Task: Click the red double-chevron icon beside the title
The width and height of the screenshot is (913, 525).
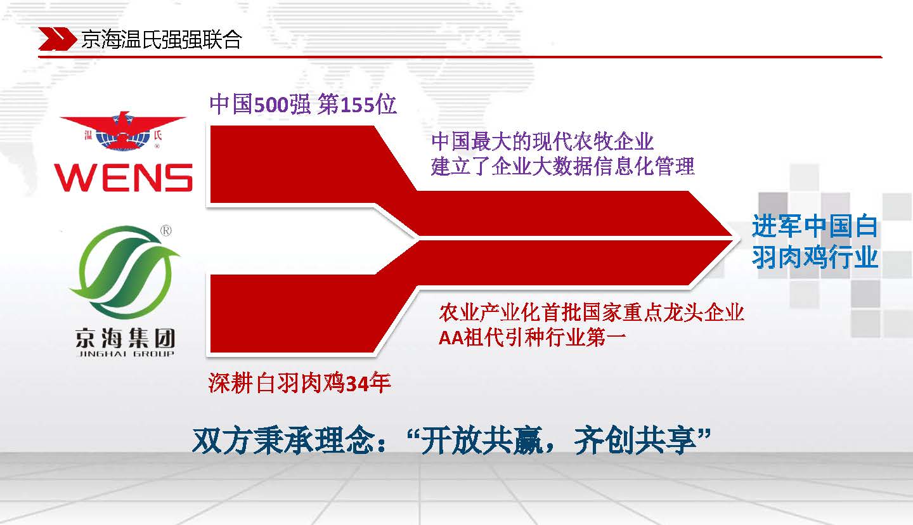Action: [x=57, y=39]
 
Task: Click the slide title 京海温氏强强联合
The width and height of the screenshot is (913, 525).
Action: [x=162, y=39]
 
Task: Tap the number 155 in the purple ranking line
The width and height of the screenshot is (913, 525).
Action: [x=358, y=105]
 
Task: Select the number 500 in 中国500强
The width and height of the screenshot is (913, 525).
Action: [x=271, y=105]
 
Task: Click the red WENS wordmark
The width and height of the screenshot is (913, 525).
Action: [x=123, y=178]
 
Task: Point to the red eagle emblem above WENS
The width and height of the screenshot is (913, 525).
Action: [x=123, y=131]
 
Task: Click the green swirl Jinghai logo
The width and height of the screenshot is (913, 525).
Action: [x=124, y=272]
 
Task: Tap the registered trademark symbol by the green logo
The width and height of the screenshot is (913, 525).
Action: [x=166, y=231]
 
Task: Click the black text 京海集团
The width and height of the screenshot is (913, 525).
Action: [x=125, y=338]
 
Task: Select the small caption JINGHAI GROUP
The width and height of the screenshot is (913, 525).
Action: [x=125, y=354]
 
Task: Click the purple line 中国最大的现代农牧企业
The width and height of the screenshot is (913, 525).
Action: [x=543, y=141]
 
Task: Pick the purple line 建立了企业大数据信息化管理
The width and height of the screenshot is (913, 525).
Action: [x=562, y=166]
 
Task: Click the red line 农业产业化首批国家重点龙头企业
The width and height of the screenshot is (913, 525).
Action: [x=592, y=313]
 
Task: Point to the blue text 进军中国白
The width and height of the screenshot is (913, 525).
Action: [x=814, y=226]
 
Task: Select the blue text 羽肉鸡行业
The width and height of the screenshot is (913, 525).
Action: [x=814, y=257]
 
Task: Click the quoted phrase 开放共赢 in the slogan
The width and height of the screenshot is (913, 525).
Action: [x=482, y=441]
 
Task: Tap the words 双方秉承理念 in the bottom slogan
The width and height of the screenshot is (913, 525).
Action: [x=283, y=441]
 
